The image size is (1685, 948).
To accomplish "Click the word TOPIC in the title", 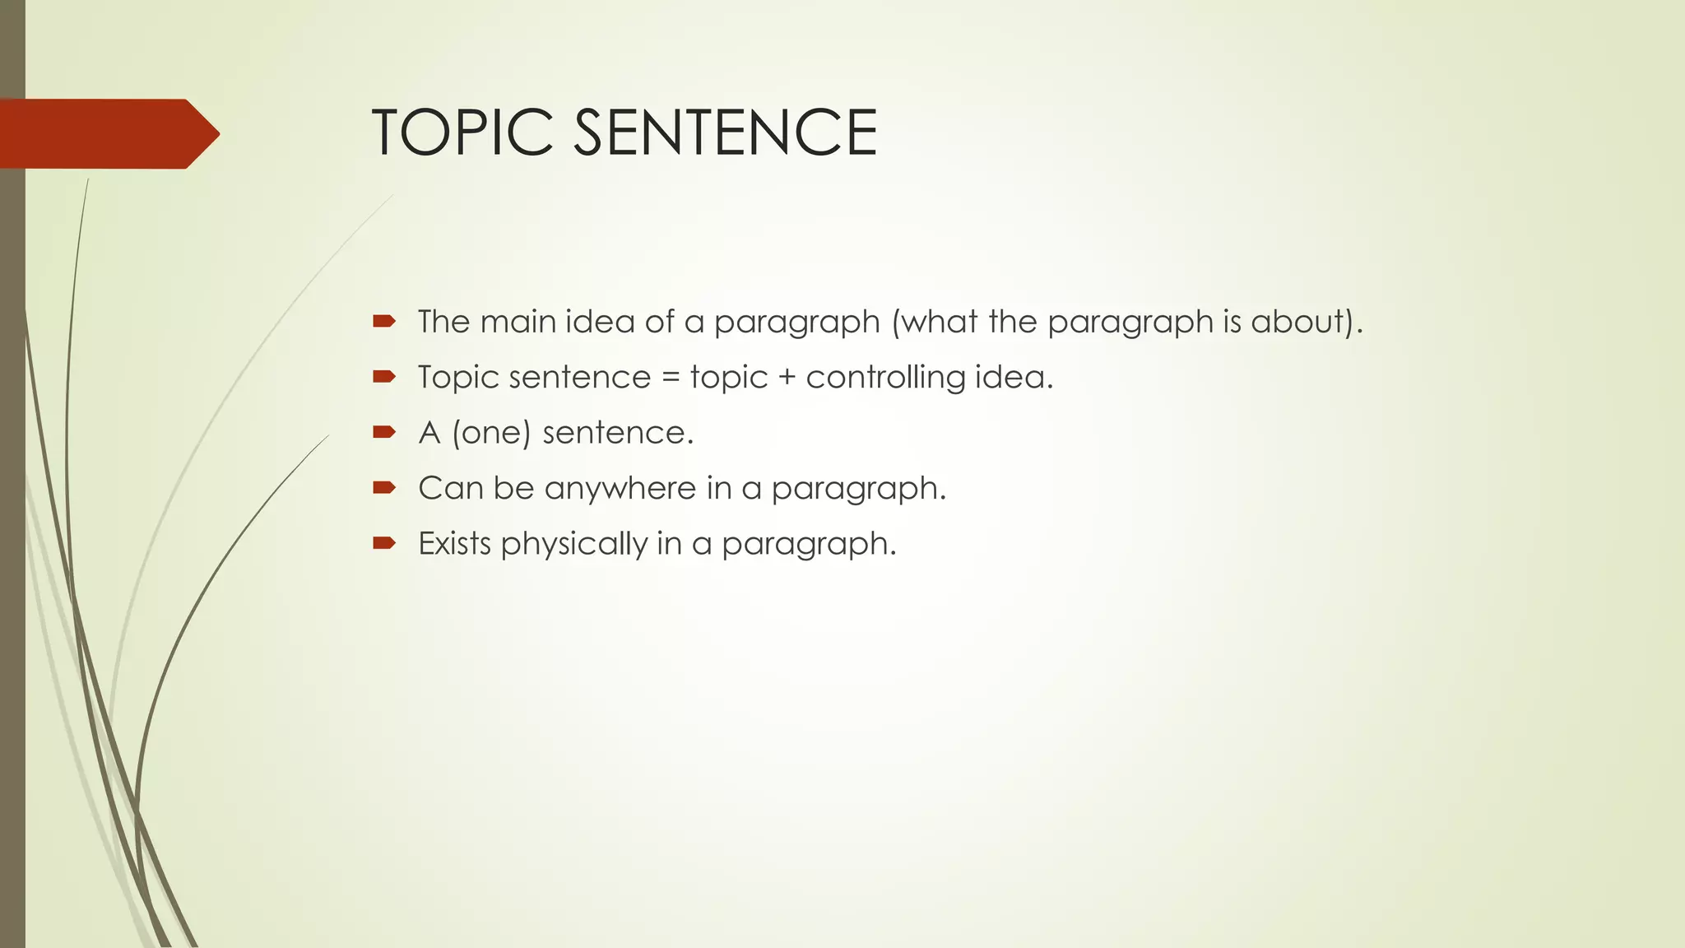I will coord(463,132).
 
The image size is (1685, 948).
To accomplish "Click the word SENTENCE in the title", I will coord(725,132).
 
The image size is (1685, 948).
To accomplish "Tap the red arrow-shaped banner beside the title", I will coord(107,133).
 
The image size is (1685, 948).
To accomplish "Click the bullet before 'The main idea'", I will coord(384,321).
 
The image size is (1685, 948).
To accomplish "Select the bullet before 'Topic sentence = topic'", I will coord(384,377).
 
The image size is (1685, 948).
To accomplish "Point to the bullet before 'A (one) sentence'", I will coord(384,432).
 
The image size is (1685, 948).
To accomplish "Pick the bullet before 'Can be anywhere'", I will coord(384,487).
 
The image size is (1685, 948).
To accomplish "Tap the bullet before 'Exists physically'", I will coord(384,542).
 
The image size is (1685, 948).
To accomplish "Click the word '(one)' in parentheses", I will coord(491,433).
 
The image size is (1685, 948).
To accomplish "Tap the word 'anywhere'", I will coord(620,489).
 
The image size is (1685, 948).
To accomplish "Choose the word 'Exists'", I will coord(454,543).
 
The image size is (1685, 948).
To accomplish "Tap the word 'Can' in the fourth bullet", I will coord(451,488).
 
